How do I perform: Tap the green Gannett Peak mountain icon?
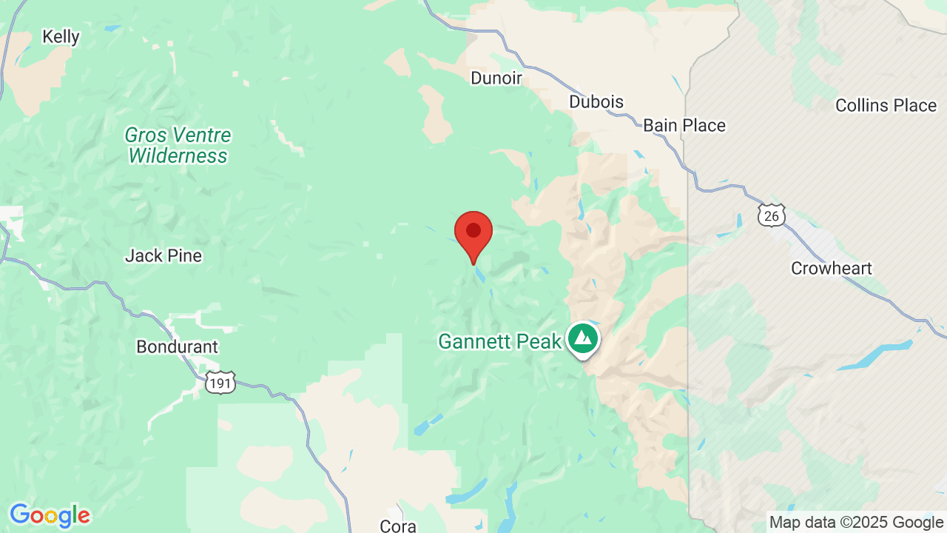click(x=584, y=338)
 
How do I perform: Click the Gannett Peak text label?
click(x=499, y=341)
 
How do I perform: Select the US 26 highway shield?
click(x=771, y=215)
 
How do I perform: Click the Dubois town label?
click(x=596, y=102)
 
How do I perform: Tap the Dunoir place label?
click(x=496, y=78)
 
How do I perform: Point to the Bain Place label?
click(x=684, y=126)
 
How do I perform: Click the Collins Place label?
click(x=886, y=106)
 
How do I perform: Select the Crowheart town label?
click(x=832, y=269)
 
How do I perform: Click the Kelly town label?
click(x=61, y=37)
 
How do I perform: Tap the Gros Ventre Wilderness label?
click(x=178, y=146)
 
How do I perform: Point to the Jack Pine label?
click(x=164, y=256)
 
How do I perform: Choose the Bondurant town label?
click(x=178, y=346)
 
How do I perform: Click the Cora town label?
click(x=398, y=526)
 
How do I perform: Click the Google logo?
click(x=50, y=515)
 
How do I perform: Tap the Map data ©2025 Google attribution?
click(x=856, y=523)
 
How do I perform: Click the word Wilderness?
click(x=178, y=156)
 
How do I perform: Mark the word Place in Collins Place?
click(x=914, y=106)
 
